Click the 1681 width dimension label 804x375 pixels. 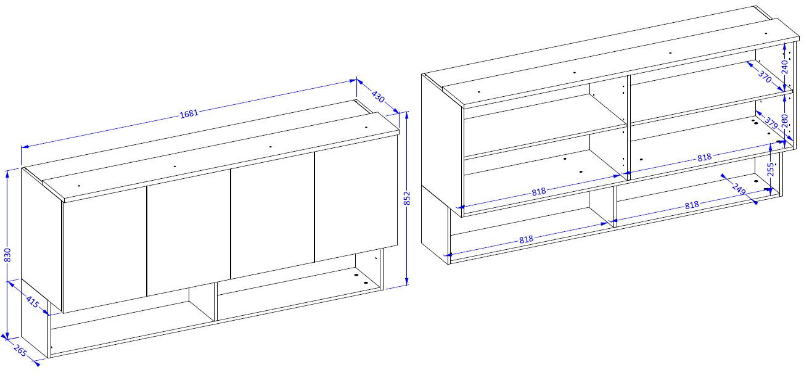(189, 113)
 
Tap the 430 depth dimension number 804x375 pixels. (377, 97)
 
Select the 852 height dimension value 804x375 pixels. (407, 198)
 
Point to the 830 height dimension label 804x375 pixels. (7, 255)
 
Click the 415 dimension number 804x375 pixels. (32, 302)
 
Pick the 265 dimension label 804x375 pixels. (20, 350)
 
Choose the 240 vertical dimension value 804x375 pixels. (784, 67)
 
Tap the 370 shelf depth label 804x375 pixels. (765, 76)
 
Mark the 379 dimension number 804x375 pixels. (771, 123)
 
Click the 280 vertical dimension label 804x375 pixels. (784, 121)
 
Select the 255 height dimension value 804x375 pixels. (770, 169)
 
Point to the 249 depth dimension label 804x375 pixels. (739, 189)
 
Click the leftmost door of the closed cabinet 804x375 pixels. (104, 249)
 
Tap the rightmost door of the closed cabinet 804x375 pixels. (356, 199)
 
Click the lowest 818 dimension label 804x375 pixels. (526, 239)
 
